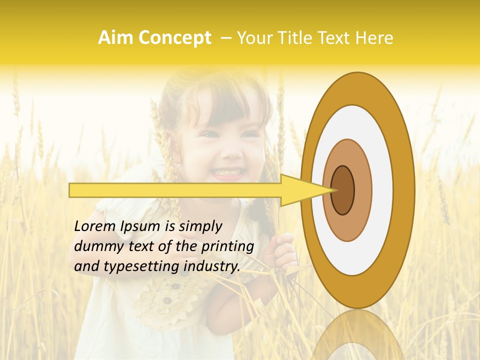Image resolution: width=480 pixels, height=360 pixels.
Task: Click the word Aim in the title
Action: pyautogui.click(x=115, y=38)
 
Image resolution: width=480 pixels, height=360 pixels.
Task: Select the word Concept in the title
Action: pyautogui.click(x=174, y=38)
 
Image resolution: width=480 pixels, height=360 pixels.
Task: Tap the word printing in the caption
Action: pyautogui.click(x=227, y=246)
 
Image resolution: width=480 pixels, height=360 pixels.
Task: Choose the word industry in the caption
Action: pyautogui.click(x=211, y=266)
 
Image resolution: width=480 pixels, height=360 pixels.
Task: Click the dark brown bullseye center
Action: pyautogui.click(x=343, y=190)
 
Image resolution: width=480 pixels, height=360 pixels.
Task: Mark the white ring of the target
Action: pyautogui.click(x=382, y=190)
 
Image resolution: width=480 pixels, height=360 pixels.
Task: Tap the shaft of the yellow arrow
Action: pyautogui.click(x=175, y=190)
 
